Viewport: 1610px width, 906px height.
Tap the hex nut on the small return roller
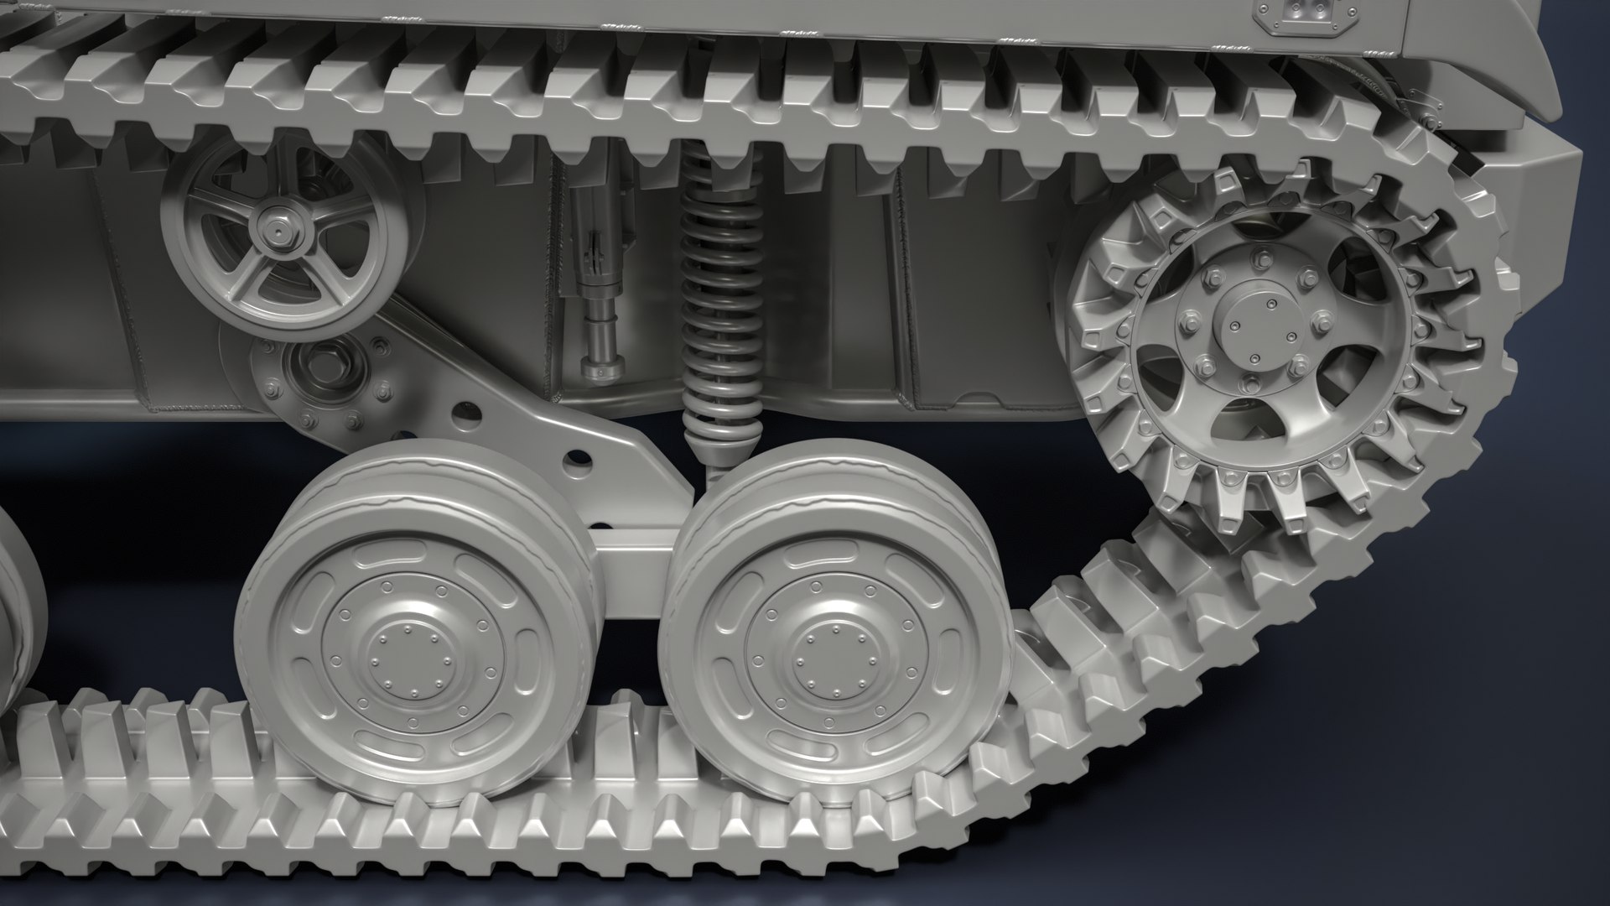click(x=278, y=228)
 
